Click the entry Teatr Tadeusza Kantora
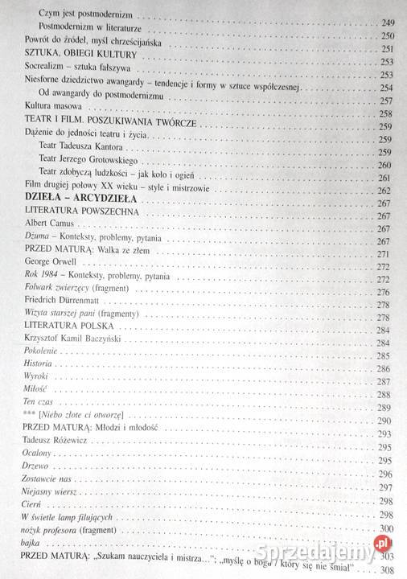[84, 150]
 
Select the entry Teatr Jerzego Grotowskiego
[92, 165]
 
